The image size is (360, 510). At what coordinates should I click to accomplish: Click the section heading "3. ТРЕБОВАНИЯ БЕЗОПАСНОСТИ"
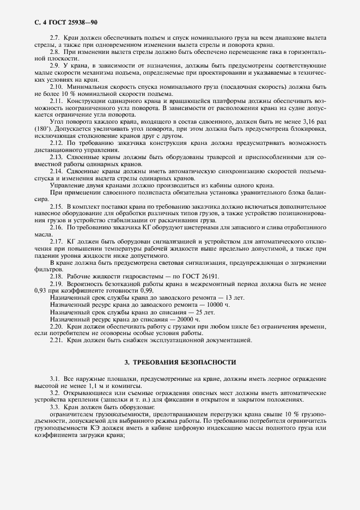click(180, 362)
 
